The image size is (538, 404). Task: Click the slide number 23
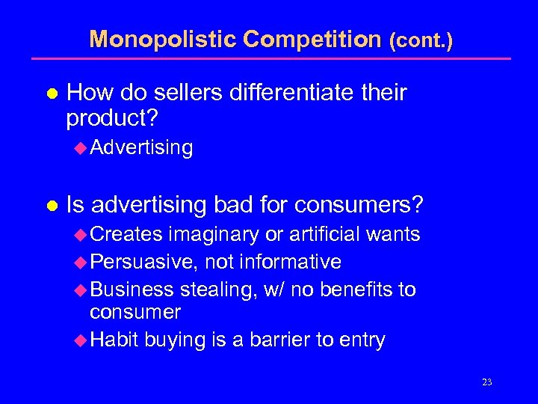pos(487,382)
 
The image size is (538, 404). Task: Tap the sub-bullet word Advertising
pos(141,147)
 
